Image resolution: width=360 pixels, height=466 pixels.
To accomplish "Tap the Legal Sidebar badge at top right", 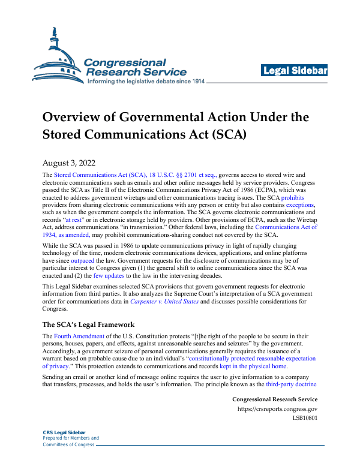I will click(294, 71).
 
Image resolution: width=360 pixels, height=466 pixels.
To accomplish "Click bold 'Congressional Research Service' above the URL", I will click(274, 399).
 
